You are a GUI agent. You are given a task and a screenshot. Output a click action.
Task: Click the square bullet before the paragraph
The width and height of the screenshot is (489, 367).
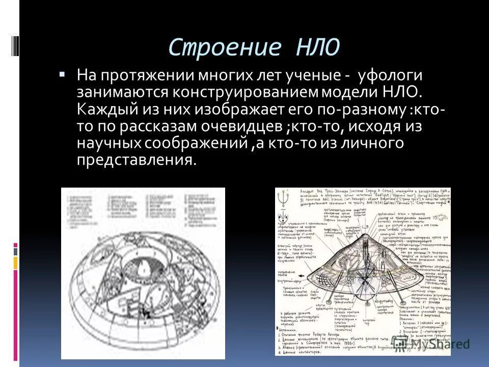tap(62, 75)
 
